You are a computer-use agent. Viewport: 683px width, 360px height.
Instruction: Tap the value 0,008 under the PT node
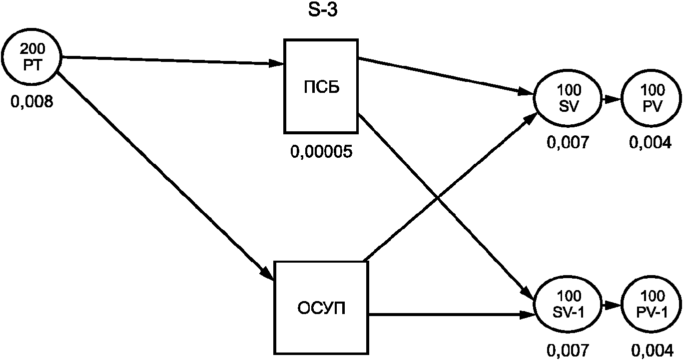31,103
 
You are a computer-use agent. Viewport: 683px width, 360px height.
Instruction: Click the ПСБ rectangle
321,86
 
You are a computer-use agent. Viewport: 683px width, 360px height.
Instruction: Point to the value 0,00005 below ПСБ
321,151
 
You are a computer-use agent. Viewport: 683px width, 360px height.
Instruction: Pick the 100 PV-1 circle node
652,303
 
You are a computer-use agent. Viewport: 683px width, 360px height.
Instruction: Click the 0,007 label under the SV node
569,144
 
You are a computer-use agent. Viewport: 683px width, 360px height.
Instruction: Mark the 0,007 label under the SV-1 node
569,350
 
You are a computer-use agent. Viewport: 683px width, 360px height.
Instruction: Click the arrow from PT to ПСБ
172,60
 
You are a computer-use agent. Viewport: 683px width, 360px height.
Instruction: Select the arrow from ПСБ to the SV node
445,75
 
